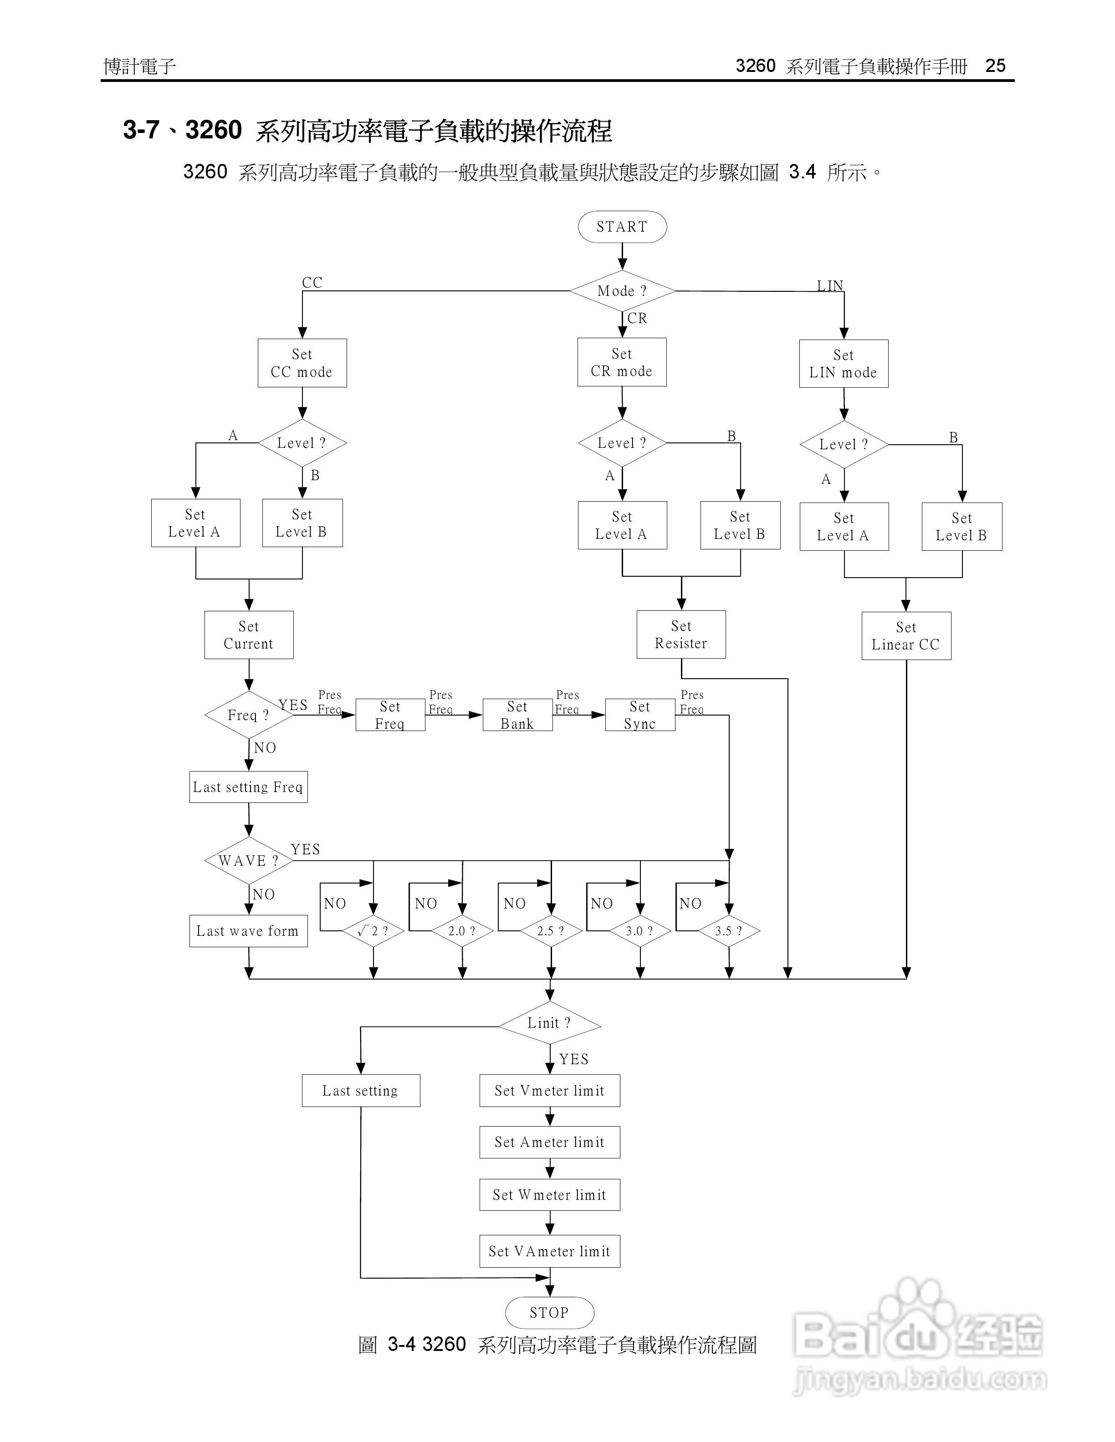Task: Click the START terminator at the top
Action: click(x=622, y=227)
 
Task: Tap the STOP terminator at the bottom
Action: click(x=549, y=1313)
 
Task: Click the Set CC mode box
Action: click(x=302, y=363)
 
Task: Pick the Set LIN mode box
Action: click(x=844, y=364)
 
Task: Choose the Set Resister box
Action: click(x=681, y=635)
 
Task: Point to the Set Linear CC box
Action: click(x=905, y=636)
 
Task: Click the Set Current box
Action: click(x=248, y=635)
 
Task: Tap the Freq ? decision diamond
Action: click(x=248, y=715)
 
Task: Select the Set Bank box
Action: click(x=517, y=715)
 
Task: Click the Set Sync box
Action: click(x=639, y=715)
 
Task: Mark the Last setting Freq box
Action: click(x=248, y=787)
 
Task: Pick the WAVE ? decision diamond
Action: click(x=248, y=861)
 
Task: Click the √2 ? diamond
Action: click(x=373, y=931)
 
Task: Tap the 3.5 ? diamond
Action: click(x=729, y=931)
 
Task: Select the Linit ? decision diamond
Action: click(x=549, y=1023)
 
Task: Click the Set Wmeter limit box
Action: click(x=549, y=1195)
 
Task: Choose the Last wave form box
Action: click(x=248, y=931)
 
